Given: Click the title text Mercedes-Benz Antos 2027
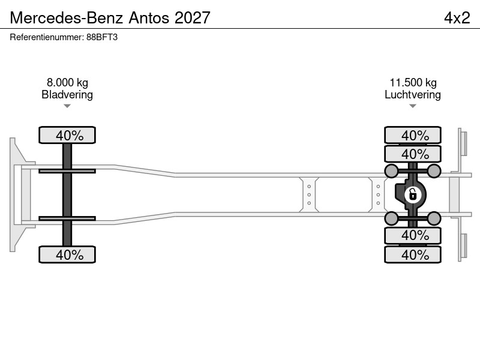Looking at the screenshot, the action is [110, 17].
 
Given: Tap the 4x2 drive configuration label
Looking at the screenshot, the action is [457, 17].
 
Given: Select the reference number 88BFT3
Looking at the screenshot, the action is [102, 37].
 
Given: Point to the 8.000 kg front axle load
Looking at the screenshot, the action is [67, 82].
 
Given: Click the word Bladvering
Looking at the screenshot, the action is [67, 95].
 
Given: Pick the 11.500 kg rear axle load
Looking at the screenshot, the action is [413, 82].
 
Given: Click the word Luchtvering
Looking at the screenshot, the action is [413, 95].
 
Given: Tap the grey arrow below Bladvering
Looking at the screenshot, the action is [67, 106].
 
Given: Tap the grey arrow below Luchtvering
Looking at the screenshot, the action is [413, 106].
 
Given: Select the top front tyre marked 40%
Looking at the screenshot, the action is [67, 135].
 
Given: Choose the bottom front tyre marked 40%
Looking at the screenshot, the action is [67, 254].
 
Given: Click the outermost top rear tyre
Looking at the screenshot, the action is [413, 135].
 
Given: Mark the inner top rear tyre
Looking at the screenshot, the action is [413, 154].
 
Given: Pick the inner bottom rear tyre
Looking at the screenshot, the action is [413, 235].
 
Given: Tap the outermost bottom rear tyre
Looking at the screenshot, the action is [413, 254].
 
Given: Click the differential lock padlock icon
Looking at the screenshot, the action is [413, 194].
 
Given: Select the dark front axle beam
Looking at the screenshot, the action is [67, 194].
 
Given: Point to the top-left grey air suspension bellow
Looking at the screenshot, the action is [391, 171].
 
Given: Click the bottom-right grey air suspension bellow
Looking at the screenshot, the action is [434, 218].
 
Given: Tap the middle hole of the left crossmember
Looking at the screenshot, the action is [309, 194].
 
